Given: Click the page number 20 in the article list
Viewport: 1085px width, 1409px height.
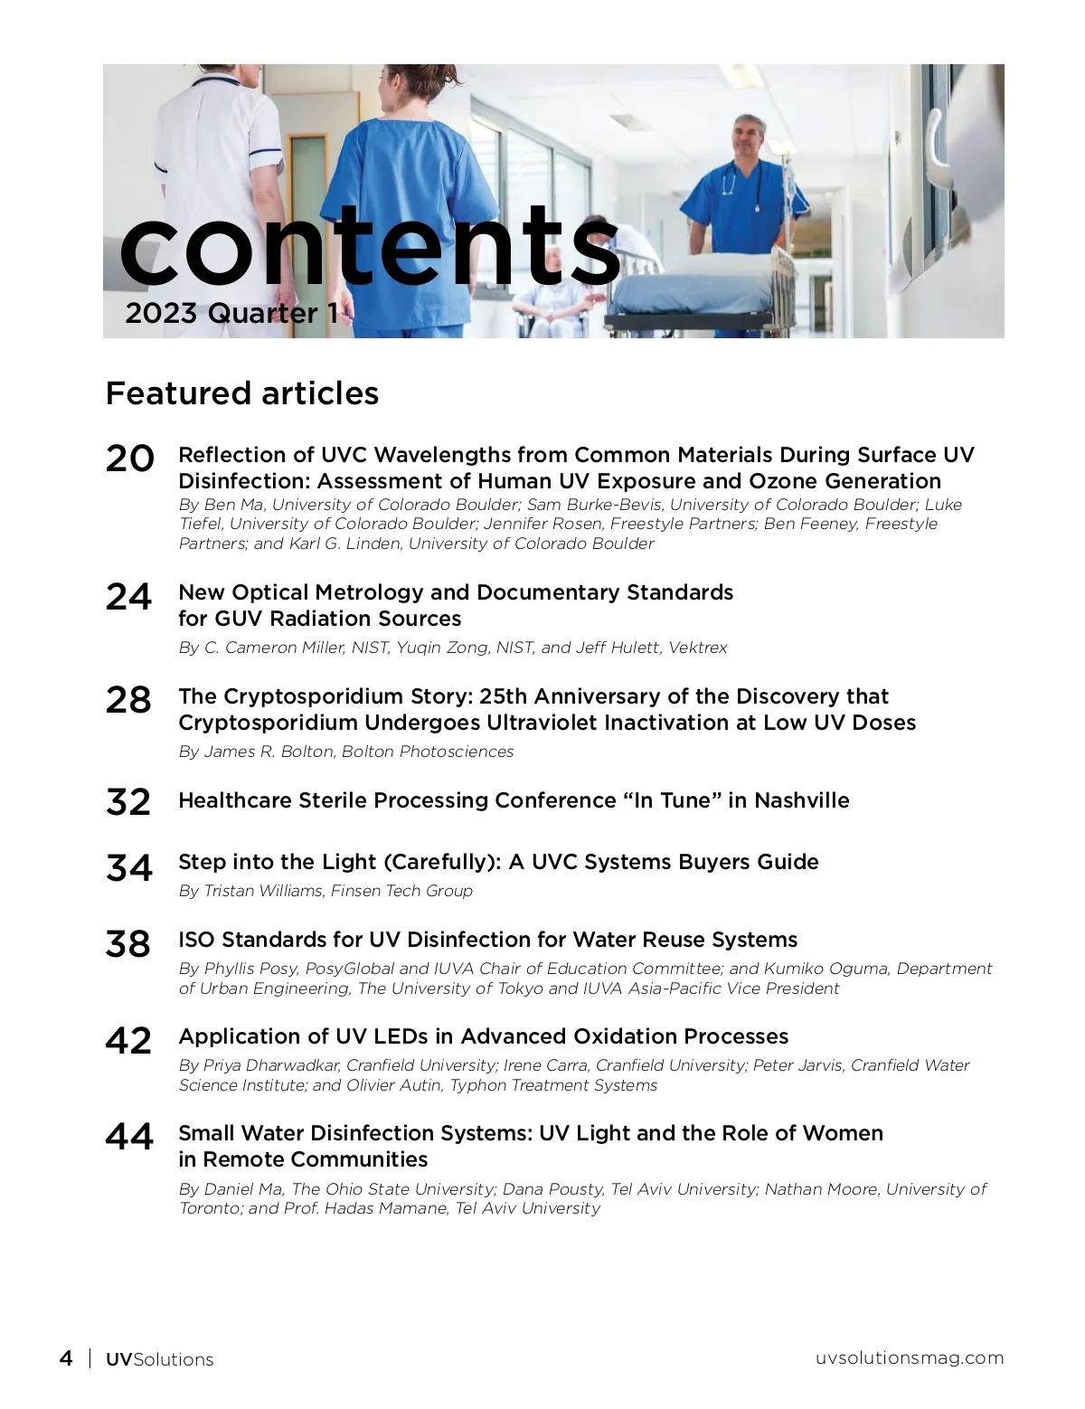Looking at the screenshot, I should pos(129,459).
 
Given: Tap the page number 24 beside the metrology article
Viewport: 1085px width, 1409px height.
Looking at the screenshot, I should pos(129,597).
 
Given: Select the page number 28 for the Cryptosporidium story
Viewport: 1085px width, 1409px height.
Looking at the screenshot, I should pos(129,701).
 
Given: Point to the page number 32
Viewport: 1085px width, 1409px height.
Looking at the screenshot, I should pos(129,802).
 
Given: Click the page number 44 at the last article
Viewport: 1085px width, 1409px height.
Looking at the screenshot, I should pos(129,1137).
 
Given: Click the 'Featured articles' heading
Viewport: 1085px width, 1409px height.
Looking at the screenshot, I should pos(242,393).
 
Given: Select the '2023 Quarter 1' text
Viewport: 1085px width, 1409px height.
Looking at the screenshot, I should pos(231,314).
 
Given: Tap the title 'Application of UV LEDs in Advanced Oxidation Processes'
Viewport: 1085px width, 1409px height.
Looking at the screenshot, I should pos(483,1036).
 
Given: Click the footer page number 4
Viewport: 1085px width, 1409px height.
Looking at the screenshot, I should pos(66,1358).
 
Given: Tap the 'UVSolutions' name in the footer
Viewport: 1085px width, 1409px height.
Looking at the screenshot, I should pos(160,1359).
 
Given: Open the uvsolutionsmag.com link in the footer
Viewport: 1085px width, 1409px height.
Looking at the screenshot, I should pos(910,1357).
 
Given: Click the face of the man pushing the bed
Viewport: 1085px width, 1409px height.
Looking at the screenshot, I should pos(748,137).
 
